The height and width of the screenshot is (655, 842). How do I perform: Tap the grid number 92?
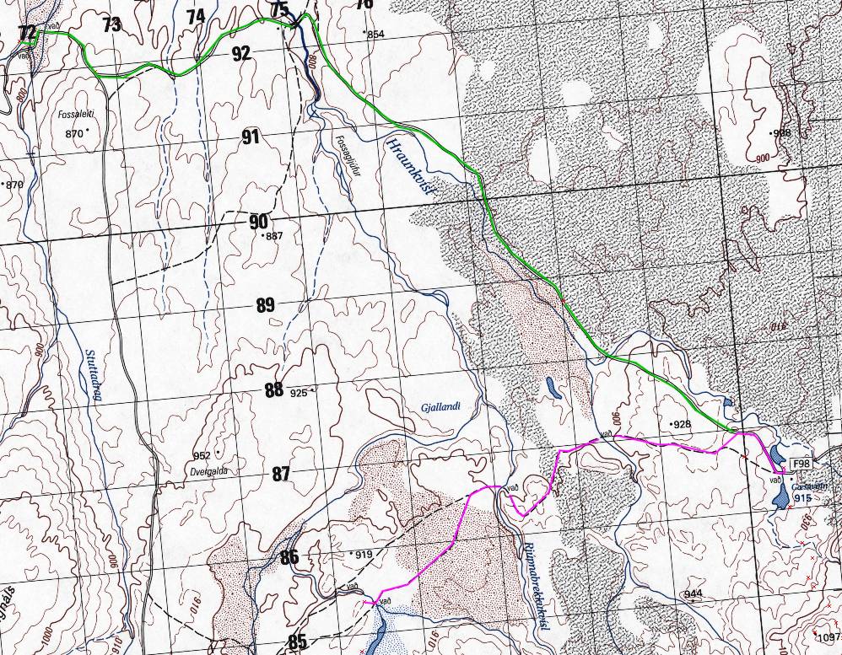[x=241, y=53]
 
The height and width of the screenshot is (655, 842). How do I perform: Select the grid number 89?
[x=265, y=305]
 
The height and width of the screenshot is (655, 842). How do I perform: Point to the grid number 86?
[x=289, y=557]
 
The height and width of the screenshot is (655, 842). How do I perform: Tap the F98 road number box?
[x=802, y=464]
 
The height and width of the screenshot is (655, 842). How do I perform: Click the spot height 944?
[x=694, y=594]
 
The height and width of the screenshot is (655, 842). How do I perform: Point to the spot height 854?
[x=375, y=34]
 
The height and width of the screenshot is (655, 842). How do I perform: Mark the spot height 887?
[x=273, y=236]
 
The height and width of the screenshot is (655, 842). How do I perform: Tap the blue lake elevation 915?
[x=802, y=499]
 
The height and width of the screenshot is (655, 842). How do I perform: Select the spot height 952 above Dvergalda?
[x=202, y=456]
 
